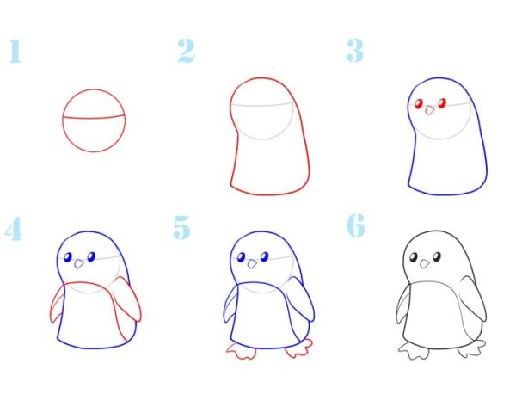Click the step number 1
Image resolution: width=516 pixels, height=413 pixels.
tap(15, 51)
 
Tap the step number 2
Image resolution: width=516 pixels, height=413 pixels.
tap(187, 51)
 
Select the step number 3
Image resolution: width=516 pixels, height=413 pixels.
tap(355, 51)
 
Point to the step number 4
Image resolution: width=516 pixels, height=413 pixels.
tap(14, 229)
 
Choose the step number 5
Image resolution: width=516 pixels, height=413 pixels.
tap(182, 227)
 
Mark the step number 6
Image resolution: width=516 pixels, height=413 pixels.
tap(356, 225)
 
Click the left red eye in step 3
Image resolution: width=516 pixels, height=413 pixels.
tap(419, 104)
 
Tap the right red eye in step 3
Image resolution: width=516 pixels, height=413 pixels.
tap(442, 103)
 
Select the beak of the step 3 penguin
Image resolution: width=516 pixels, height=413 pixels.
tap(429, 110)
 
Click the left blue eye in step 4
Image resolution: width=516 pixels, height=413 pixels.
tap(68, 257)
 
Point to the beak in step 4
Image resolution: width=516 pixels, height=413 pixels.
tap(79, 263)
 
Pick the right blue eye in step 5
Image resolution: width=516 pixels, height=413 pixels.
tap(265, 256)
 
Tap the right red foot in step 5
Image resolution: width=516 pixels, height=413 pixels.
tap(298, 348)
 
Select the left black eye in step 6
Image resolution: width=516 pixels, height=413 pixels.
tap(414, 257)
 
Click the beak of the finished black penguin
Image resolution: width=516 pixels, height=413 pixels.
tap(425, 263)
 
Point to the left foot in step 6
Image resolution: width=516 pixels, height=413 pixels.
tap(414, 351)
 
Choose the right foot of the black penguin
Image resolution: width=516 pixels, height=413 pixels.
tap(471, 349)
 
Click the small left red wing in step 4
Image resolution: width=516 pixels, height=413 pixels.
tap(58, 305)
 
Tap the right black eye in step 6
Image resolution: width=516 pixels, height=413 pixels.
tap(437, 256)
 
